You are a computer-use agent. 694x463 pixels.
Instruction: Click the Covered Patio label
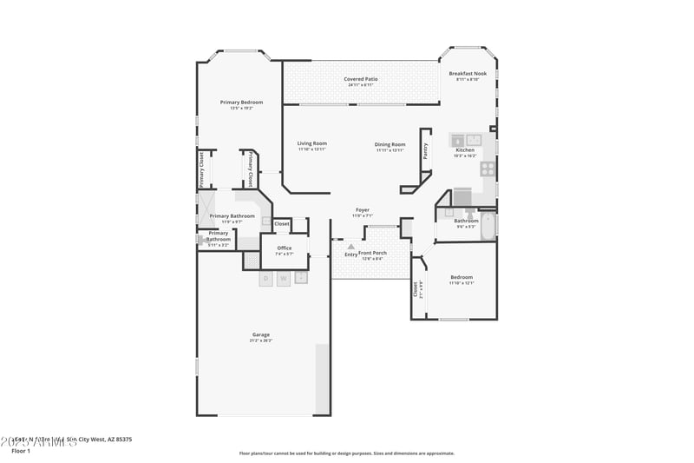point(360,79)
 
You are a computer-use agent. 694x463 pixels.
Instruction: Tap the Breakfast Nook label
point(468,74)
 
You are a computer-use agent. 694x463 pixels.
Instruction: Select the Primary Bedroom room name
point(241,103)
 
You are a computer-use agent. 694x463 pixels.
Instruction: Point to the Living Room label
point(311,144)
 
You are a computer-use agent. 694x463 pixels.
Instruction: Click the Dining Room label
point(390,144)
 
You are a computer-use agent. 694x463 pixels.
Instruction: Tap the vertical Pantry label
point(425,151)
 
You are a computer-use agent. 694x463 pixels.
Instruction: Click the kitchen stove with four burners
point(488,168)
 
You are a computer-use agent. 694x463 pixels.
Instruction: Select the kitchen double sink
point(466,139)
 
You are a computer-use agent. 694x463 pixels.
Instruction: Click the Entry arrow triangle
point(351,247)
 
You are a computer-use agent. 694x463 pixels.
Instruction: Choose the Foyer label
point(363,210)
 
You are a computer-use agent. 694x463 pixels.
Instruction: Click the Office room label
point(285,248)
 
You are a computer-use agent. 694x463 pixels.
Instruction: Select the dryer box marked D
point(266,278)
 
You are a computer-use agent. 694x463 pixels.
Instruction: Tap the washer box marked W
point(284,278)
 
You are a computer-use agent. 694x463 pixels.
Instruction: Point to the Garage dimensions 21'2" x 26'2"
point(261,341)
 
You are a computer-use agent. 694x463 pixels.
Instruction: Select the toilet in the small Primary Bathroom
point(200,240)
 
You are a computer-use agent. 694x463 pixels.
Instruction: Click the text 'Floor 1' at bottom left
point(21,451)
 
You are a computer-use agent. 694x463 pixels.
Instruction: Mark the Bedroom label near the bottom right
point(461,277)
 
